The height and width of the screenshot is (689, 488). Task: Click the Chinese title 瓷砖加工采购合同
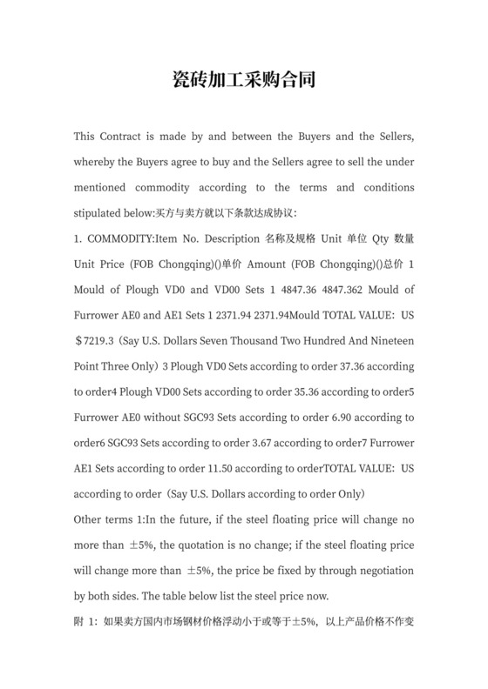point(243,82)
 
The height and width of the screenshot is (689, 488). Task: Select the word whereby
point(99,162)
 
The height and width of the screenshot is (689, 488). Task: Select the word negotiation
point(380,570)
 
